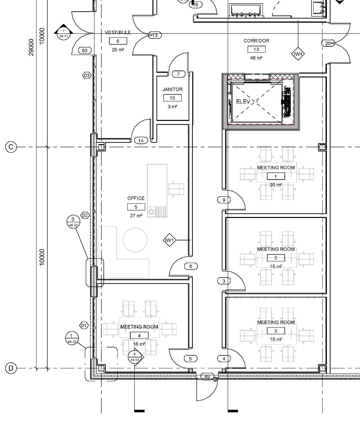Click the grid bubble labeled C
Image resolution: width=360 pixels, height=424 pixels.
tap(11, 147)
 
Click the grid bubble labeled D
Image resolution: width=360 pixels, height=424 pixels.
tap(11, 368)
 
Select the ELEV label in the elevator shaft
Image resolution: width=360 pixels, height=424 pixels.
tap(243, 102)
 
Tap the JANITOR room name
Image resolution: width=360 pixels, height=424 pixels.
tap(172, 89)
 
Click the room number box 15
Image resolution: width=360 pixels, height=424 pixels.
tap(172, 98)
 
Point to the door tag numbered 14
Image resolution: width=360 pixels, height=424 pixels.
tap(141, 140)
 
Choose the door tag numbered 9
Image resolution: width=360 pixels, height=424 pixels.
tap(224, 200)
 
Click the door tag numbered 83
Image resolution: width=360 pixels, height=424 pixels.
tap(85, 50)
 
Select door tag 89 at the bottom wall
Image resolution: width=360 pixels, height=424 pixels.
tap(207, 377)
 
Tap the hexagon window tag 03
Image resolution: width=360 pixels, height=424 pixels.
tap(87, 76)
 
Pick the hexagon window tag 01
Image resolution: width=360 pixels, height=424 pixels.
tap(84, 325)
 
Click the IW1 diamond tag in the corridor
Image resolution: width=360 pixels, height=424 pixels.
tap(298, 54)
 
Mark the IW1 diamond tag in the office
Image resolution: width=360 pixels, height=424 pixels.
tap(169, 240)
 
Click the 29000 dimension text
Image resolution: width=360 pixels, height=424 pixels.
tap(31, 47)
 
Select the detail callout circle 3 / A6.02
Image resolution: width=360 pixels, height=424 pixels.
tap(73, 221)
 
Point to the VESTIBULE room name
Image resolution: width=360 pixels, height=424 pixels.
tap(118, 32)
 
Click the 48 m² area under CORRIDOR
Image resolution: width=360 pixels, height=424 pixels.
tap(256, 58)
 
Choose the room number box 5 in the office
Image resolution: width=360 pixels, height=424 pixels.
tap(136, 207)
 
